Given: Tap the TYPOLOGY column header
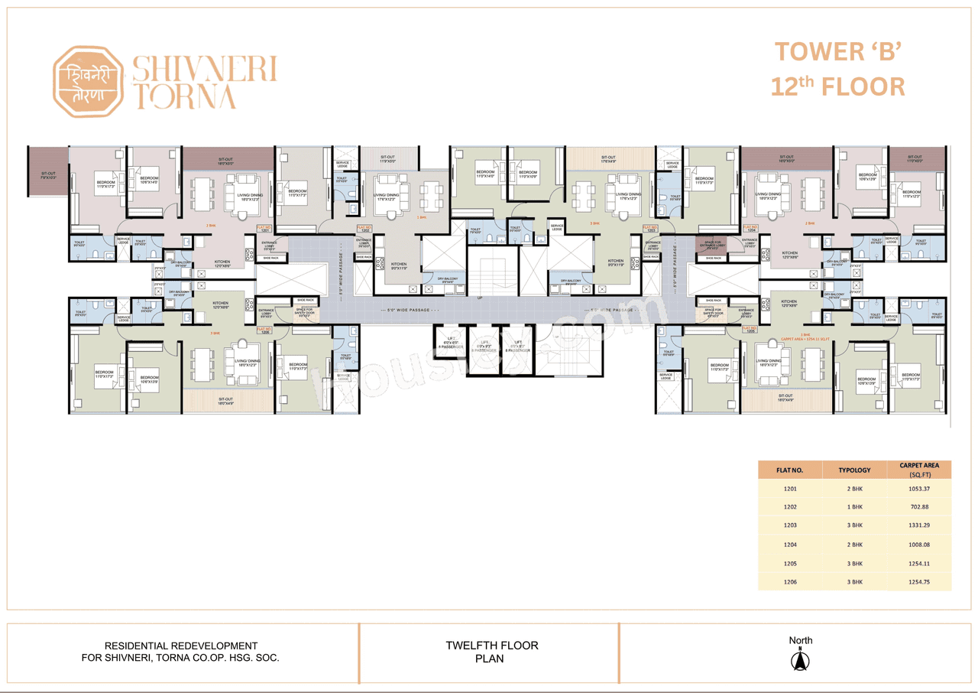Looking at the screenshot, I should (854, 469).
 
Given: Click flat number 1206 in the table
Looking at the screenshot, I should (790, 582).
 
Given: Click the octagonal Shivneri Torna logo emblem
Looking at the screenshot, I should (88, 82).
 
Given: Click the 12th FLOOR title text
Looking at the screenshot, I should (837, 86).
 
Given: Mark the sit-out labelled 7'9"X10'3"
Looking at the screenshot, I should (47, 175).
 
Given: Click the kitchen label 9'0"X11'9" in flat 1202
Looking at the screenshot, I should (400, 265).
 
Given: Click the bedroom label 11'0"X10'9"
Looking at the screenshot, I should (528, 174).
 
